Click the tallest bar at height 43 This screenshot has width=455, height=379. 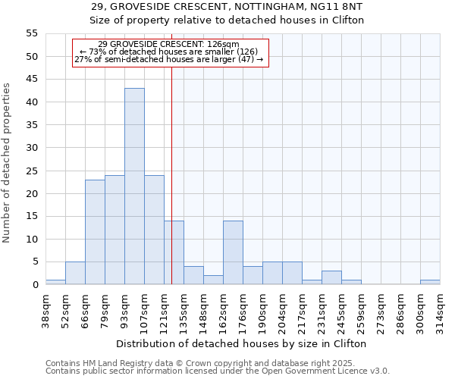(134, 186)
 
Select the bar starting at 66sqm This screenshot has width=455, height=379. (95, 232)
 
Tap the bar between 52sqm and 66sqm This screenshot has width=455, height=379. (75, 273)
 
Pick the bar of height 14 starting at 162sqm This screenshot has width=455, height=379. (233, 252)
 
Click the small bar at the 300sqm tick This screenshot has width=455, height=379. (430, 282)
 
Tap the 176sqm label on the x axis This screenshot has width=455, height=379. (243, 309)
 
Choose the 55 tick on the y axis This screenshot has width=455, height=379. (31, 33)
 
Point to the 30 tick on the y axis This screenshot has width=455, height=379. (31, 148)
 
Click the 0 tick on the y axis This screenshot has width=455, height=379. (34, 285)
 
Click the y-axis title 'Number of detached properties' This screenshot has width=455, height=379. (7, 163)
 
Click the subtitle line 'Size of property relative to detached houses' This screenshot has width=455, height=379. (227, 20)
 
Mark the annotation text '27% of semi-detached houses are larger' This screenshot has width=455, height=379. (169, 59)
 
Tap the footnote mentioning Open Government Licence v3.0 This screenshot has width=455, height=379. (217, 371)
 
